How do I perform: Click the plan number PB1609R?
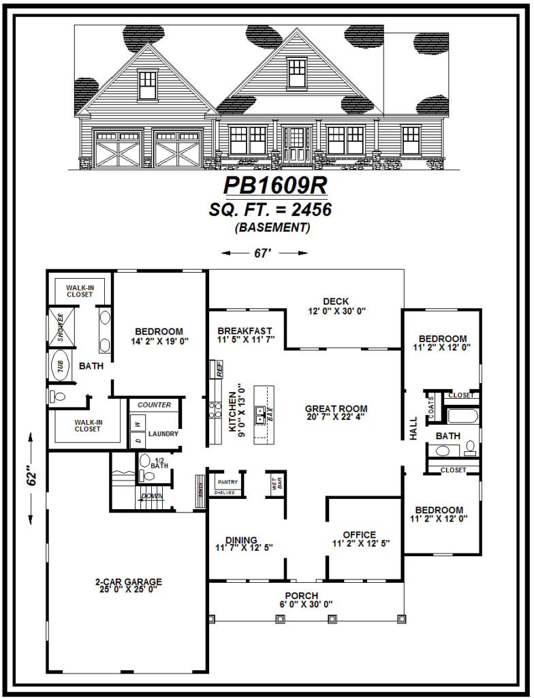[x=276, y=186]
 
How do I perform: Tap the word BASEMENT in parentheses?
[x=272, y=228]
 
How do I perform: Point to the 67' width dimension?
[x=264, y=253]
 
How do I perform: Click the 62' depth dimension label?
[x=31, y=476]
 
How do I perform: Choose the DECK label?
[x=336, y=301]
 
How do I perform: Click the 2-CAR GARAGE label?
[x=128, y=581]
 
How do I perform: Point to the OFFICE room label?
[x=360, y=534]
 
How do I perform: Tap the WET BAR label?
[x=277, y=485]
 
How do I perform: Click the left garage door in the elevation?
[x=117, y=149]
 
